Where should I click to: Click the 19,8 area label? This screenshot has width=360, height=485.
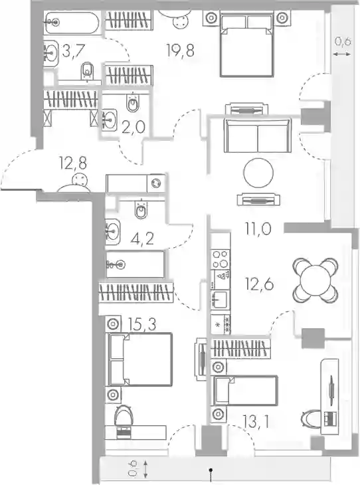[180, 50]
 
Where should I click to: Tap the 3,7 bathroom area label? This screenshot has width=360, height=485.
[73, 50]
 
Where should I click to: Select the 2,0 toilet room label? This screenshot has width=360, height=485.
[134, 127]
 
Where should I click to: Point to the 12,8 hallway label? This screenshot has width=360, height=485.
[73, 163]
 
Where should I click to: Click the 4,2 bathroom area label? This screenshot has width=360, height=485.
[142, 238]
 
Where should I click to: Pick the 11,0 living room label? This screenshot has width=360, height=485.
[258, 229]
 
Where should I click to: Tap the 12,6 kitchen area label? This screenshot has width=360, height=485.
[259, 284]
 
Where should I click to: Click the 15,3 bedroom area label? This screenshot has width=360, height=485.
[143, 324]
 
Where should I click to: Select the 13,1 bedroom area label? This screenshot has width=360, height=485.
[256, 422]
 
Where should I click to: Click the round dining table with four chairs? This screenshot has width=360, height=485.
[315, 280]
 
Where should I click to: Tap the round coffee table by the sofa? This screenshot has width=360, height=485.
[258, 173]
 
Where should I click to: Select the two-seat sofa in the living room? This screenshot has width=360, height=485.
[258, 135]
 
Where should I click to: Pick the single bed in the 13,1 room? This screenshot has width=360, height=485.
[244, 391]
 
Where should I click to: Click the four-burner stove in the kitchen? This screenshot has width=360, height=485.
[221, 259]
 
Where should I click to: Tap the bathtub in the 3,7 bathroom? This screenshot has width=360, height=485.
[72, 23]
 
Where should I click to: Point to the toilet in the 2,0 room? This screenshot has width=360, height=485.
[133, 103]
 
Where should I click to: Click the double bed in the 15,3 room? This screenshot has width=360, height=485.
[139, 359]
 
